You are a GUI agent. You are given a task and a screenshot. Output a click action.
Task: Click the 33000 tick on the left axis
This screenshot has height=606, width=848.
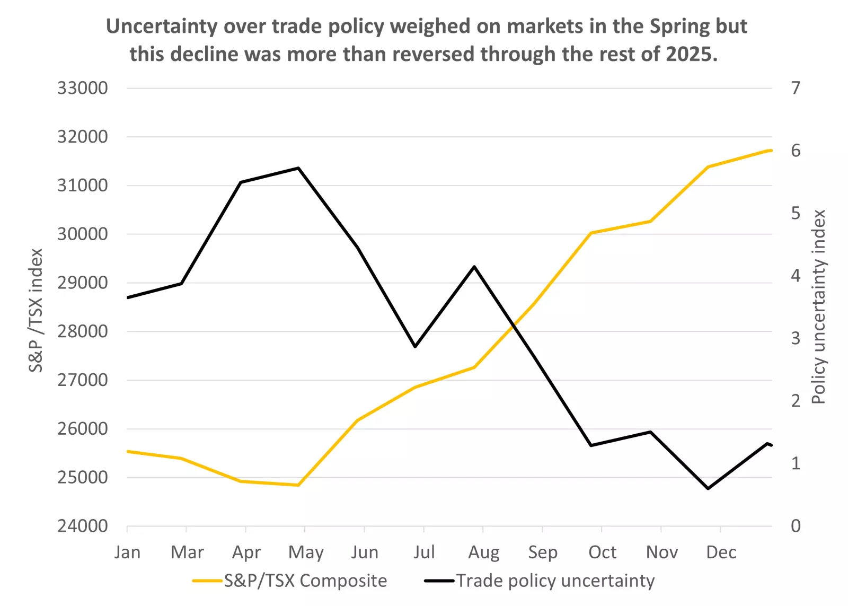(x=82, y=88)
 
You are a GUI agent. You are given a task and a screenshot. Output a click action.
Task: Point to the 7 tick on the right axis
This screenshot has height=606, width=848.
(x=796, y=88)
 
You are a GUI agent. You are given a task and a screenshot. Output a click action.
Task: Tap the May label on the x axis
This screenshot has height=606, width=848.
(x=306, y=552)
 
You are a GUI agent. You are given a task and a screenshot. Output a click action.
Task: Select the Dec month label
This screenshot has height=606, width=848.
(x=721, y=552)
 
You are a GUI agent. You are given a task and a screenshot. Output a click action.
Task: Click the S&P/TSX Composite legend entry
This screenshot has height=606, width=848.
(x=305, y=581)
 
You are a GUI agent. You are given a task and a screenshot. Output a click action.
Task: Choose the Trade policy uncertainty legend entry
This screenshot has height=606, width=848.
(x=555, y=581)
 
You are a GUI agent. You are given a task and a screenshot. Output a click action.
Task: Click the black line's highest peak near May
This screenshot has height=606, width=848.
(x=298, y=168)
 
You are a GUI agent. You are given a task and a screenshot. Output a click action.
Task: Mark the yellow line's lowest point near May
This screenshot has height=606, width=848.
(x=298, y=485)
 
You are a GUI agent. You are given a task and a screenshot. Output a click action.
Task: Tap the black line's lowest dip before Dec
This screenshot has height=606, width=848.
(x=708, y=488)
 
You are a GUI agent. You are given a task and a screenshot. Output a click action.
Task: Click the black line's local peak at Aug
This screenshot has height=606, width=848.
(x=474, y=267)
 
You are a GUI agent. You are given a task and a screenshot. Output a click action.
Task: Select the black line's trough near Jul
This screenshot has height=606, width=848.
(x=415, y=347)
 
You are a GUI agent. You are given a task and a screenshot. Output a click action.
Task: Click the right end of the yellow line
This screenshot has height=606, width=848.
(x=771, y=151)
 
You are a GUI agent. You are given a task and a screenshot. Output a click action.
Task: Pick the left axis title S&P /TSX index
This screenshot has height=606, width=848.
(x=36, y=310)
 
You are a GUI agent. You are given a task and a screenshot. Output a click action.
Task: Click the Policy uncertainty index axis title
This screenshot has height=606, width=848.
(x=818, y=306)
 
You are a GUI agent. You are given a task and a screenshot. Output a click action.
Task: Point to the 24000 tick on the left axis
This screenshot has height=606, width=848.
(x=82, y=526)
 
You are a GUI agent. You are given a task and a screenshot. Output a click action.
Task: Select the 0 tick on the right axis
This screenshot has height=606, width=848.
(x=796, y=526)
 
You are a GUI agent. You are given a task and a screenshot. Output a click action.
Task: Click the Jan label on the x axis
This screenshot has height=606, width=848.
(x=127, y=552)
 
